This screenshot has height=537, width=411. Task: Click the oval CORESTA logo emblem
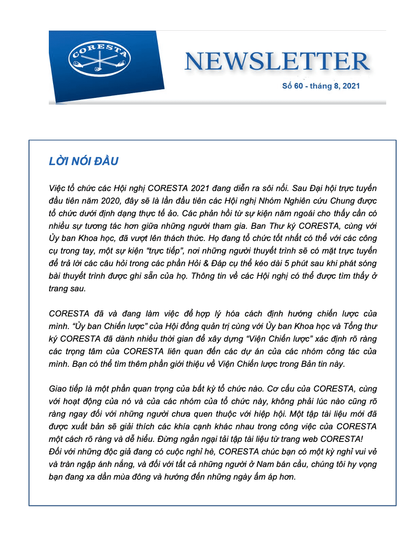(100, 59)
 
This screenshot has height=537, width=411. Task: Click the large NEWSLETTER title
(277, 62)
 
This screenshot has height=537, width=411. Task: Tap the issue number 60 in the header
(298, 86)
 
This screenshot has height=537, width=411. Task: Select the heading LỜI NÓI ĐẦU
(83, 161)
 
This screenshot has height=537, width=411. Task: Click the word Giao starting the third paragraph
(58, 389)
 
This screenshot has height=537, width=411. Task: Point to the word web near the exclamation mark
(309, 439)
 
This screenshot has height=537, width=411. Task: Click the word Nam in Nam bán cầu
(265, 464)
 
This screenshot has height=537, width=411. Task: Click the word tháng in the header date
(321, 86)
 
